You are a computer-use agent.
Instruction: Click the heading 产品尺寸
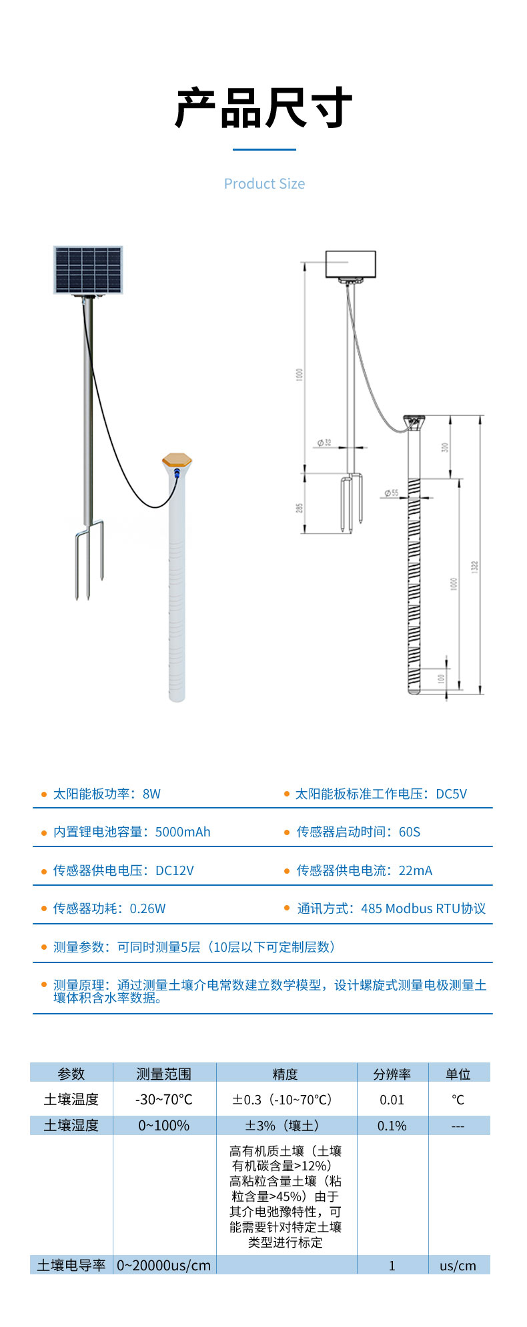pos(263,108)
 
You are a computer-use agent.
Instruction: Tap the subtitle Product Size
pos(264,184)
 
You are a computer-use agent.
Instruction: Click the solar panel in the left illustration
pos(88,269)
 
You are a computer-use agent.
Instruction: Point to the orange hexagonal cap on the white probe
pos(177,459)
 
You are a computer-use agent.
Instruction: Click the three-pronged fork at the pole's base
pos(89,557)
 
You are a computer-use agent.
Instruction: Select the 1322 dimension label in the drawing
pos(474,567)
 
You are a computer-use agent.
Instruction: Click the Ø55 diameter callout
pos(391,493)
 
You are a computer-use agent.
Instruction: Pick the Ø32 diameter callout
pos(324,443)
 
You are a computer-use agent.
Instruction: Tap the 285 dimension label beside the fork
pos(300,508)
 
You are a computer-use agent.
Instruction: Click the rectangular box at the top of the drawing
pos(350,264)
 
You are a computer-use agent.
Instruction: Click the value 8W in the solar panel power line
pos(151,794)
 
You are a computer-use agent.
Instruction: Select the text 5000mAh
pos(183,832)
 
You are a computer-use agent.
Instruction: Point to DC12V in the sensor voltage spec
pos(175,870)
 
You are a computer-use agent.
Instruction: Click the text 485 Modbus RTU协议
pos(423,908)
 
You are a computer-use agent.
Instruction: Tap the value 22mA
pos(416,870)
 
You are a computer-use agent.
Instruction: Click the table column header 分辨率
pos(392,1074)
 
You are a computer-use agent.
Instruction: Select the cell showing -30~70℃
pos(163,1099)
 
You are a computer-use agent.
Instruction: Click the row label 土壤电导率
pos(71,1265)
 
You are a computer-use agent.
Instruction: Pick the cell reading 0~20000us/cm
pos(163,1265)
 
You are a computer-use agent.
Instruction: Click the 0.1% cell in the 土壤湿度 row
pos(392,1126)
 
